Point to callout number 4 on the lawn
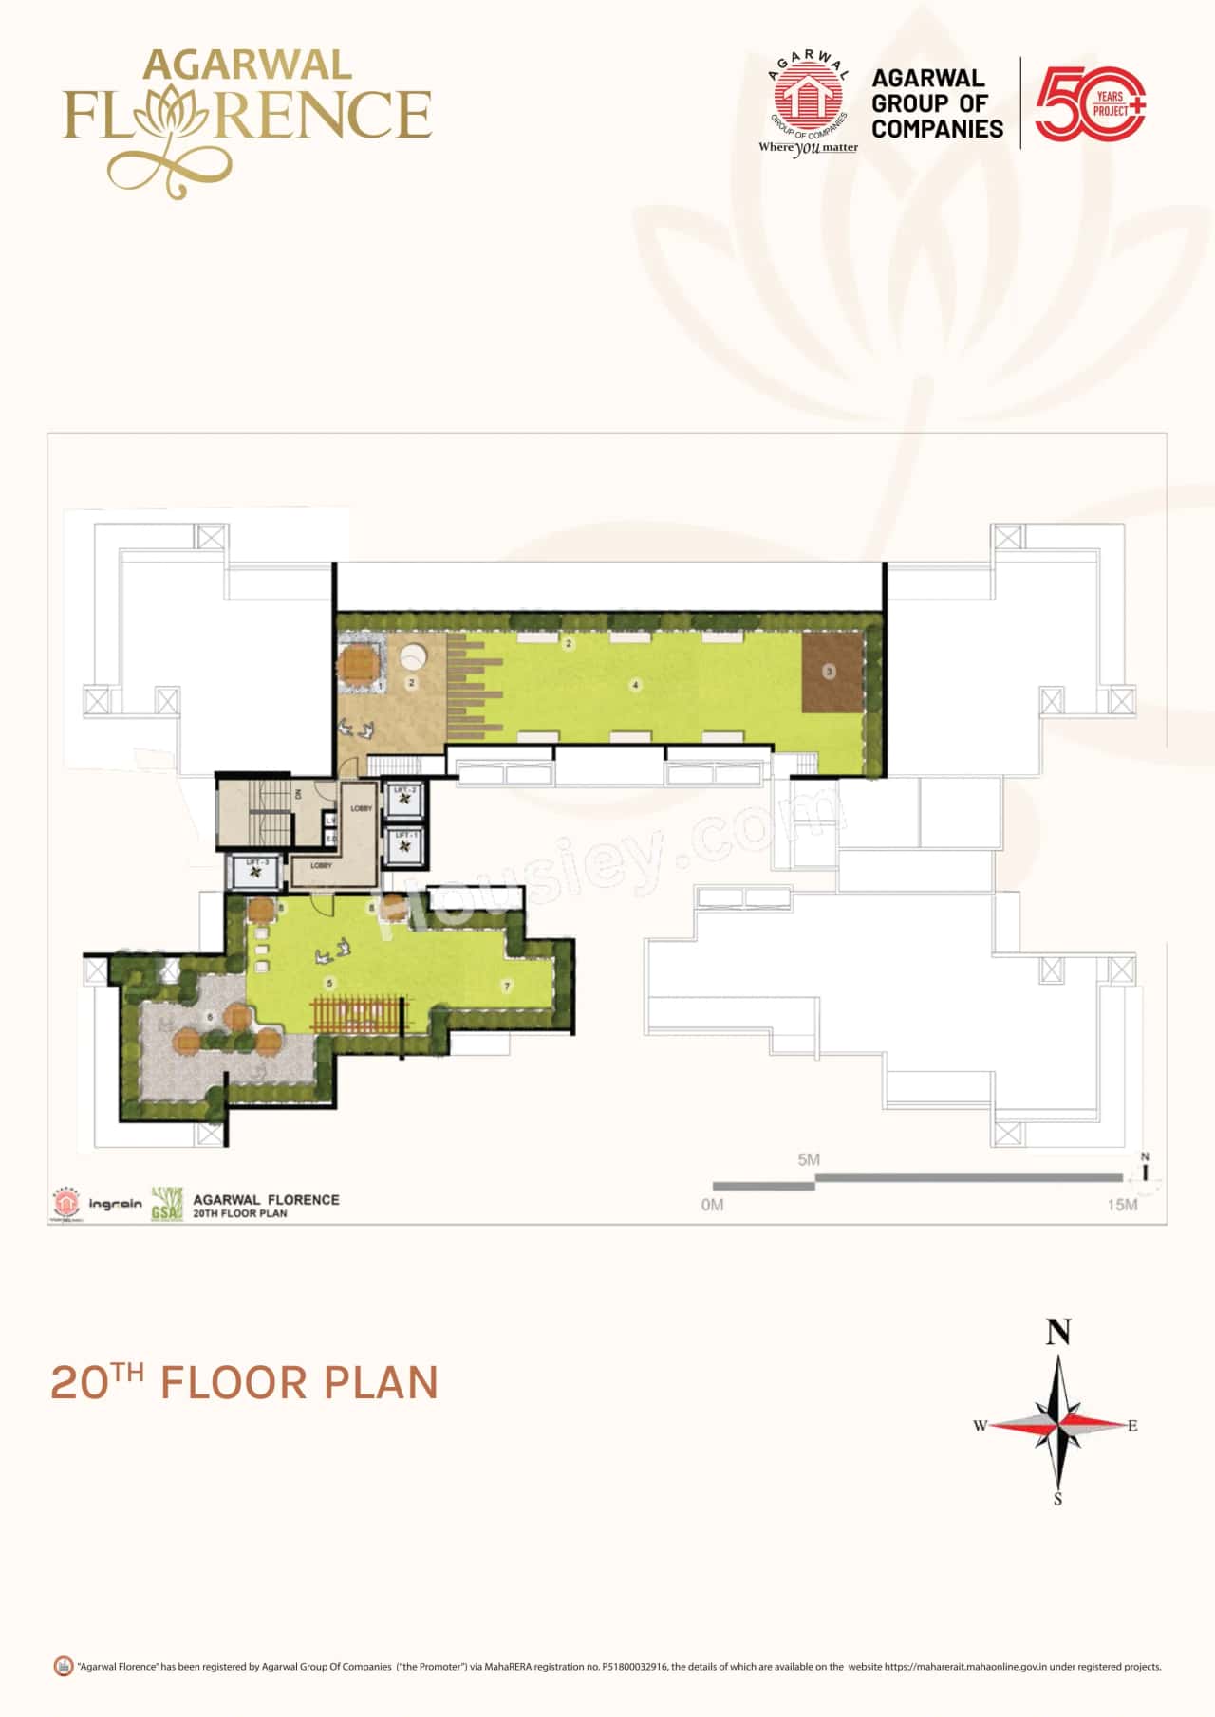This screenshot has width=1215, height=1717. [636, 685]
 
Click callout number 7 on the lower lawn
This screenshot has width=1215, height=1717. [508, 987]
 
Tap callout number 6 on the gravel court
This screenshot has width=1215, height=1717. [210, 1017]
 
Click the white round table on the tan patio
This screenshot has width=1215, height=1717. [414, 658]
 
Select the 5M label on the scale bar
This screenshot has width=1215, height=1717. [809, 1159]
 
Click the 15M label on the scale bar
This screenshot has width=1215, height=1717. [1122, 1205]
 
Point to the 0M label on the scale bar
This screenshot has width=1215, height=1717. [712, 1205]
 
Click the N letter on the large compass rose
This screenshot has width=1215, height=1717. [1058, 1333]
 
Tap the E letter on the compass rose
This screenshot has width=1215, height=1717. [1132, 1425]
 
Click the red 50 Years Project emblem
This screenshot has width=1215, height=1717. [1090, 103]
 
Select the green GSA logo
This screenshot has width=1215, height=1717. [167, 1204]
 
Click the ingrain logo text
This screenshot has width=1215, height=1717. [115, 1204]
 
